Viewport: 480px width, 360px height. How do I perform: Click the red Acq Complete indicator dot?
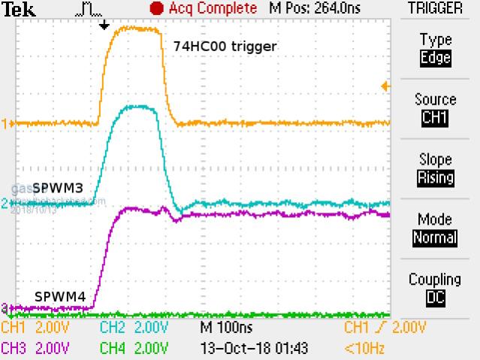point(156,8)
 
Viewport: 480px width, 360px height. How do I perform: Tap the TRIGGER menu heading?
point(435,8)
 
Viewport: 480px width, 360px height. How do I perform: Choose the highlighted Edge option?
point(436,58)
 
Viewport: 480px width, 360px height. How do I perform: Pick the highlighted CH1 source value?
point(436,118)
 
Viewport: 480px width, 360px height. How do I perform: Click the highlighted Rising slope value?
point(436,178)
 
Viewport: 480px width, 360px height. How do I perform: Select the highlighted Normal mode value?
point(436,237)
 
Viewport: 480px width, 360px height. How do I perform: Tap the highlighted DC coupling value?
point(436,298)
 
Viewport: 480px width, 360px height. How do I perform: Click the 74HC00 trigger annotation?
point(225,47)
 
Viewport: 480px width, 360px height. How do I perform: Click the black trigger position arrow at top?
point(104,25)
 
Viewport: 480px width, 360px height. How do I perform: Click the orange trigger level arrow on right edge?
point(386,87)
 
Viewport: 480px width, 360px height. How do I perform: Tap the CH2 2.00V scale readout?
point(134,328)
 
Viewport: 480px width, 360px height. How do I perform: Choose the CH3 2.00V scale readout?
point(35,348)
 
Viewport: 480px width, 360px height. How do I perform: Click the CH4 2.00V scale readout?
point(134,348)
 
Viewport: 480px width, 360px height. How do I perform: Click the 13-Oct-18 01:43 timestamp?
point(255,348)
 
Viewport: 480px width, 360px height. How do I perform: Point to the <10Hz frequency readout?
point(366,348)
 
